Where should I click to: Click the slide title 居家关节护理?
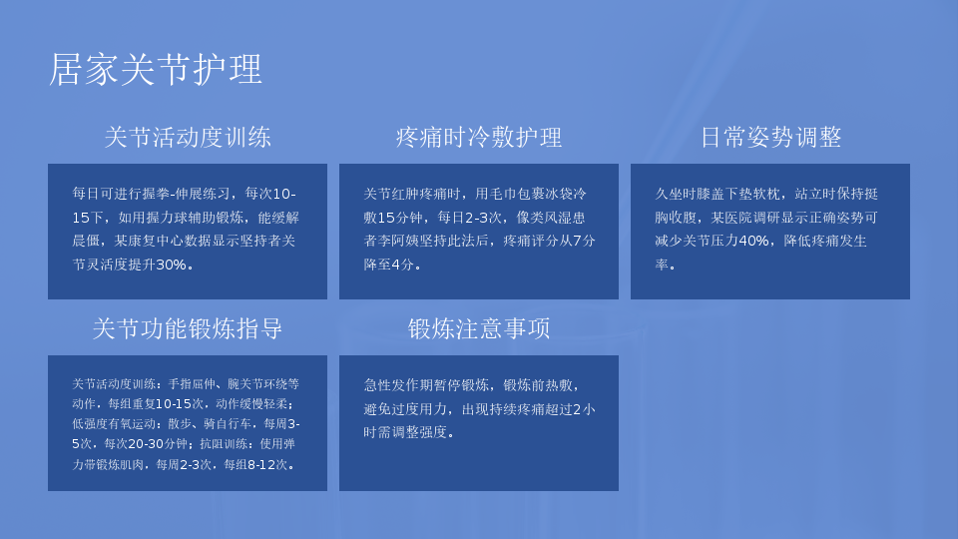click(x=156, y=69)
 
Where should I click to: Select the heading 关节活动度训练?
click(x=188, y=137)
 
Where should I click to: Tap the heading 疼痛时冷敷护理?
click(x=479, y=137)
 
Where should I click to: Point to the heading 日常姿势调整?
click(x=770, y=137)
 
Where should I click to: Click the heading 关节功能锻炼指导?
click(x=188, y=328)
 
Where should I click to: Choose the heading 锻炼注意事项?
click(x=479, y=328)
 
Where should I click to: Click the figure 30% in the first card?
click(x=171, y=265)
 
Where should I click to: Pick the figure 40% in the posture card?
click(x=753, y=241)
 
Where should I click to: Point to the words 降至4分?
click(x=388, y=265)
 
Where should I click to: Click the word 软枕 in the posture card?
click(x=766, y=194)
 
